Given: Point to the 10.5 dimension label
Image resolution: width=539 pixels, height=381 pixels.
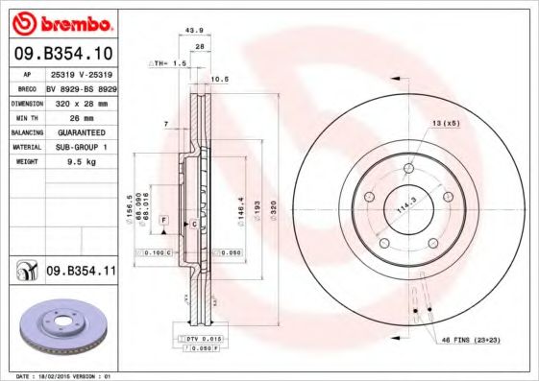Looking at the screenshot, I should pyautogui.click(x=218, y=79).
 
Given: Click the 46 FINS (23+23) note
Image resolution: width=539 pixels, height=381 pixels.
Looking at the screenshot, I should pyautogui.click(x=473, y=341).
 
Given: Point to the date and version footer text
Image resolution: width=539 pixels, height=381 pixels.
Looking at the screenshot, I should pyautogui.click(x=60, y=376).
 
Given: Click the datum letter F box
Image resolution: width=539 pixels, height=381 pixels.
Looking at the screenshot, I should pyautogui.click(x=164, y=221).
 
